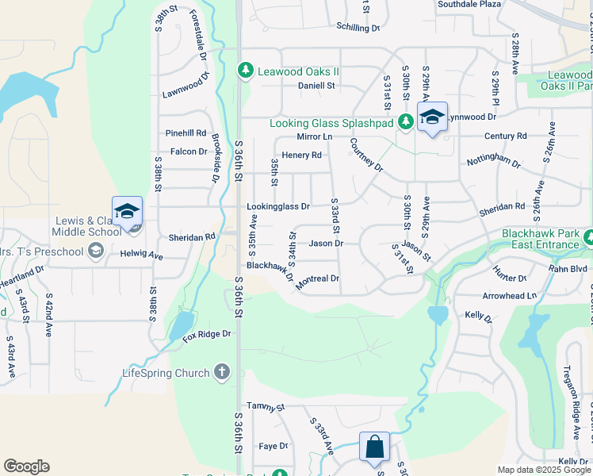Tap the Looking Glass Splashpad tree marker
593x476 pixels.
[x=405, y=122]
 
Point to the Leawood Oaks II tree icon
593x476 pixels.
[x=246, y=71]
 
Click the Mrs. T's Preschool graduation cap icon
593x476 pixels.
[x=96, y=251]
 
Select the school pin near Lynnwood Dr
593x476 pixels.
[x=432, y=117]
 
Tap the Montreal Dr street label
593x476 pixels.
[x=317, y=280]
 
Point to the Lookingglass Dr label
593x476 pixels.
[x=277, y=206]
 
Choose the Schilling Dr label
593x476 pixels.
[x=358, y=28]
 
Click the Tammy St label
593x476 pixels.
[x=265, y=407]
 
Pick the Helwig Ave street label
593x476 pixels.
[x=143, y=257]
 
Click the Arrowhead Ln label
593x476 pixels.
[x=510, y=295]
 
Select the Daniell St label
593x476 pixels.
[x=316, y=86]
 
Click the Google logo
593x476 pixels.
[x=26, y=466]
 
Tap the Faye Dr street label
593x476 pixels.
[x=272, y=446]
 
